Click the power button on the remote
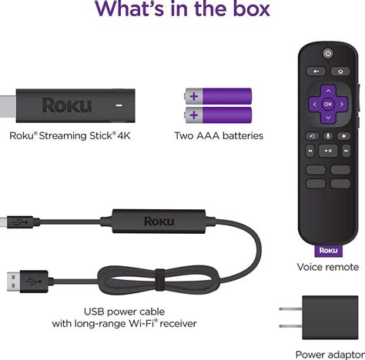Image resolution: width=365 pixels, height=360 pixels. [328, 54]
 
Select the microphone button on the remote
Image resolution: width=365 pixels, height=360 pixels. [328, 136]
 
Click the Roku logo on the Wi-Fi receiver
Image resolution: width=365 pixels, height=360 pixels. [159, 221]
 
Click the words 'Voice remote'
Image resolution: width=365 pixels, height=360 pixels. [327, 267]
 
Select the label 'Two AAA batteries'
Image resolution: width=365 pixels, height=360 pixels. [218, 136]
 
